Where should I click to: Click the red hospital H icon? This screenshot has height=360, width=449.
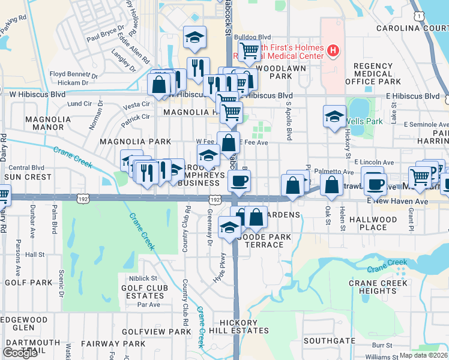click(x=333, y=52)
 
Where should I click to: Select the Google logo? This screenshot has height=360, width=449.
click(x=20, y=353)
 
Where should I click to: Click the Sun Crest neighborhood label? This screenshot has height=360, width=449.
click(x=28, y=178)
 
